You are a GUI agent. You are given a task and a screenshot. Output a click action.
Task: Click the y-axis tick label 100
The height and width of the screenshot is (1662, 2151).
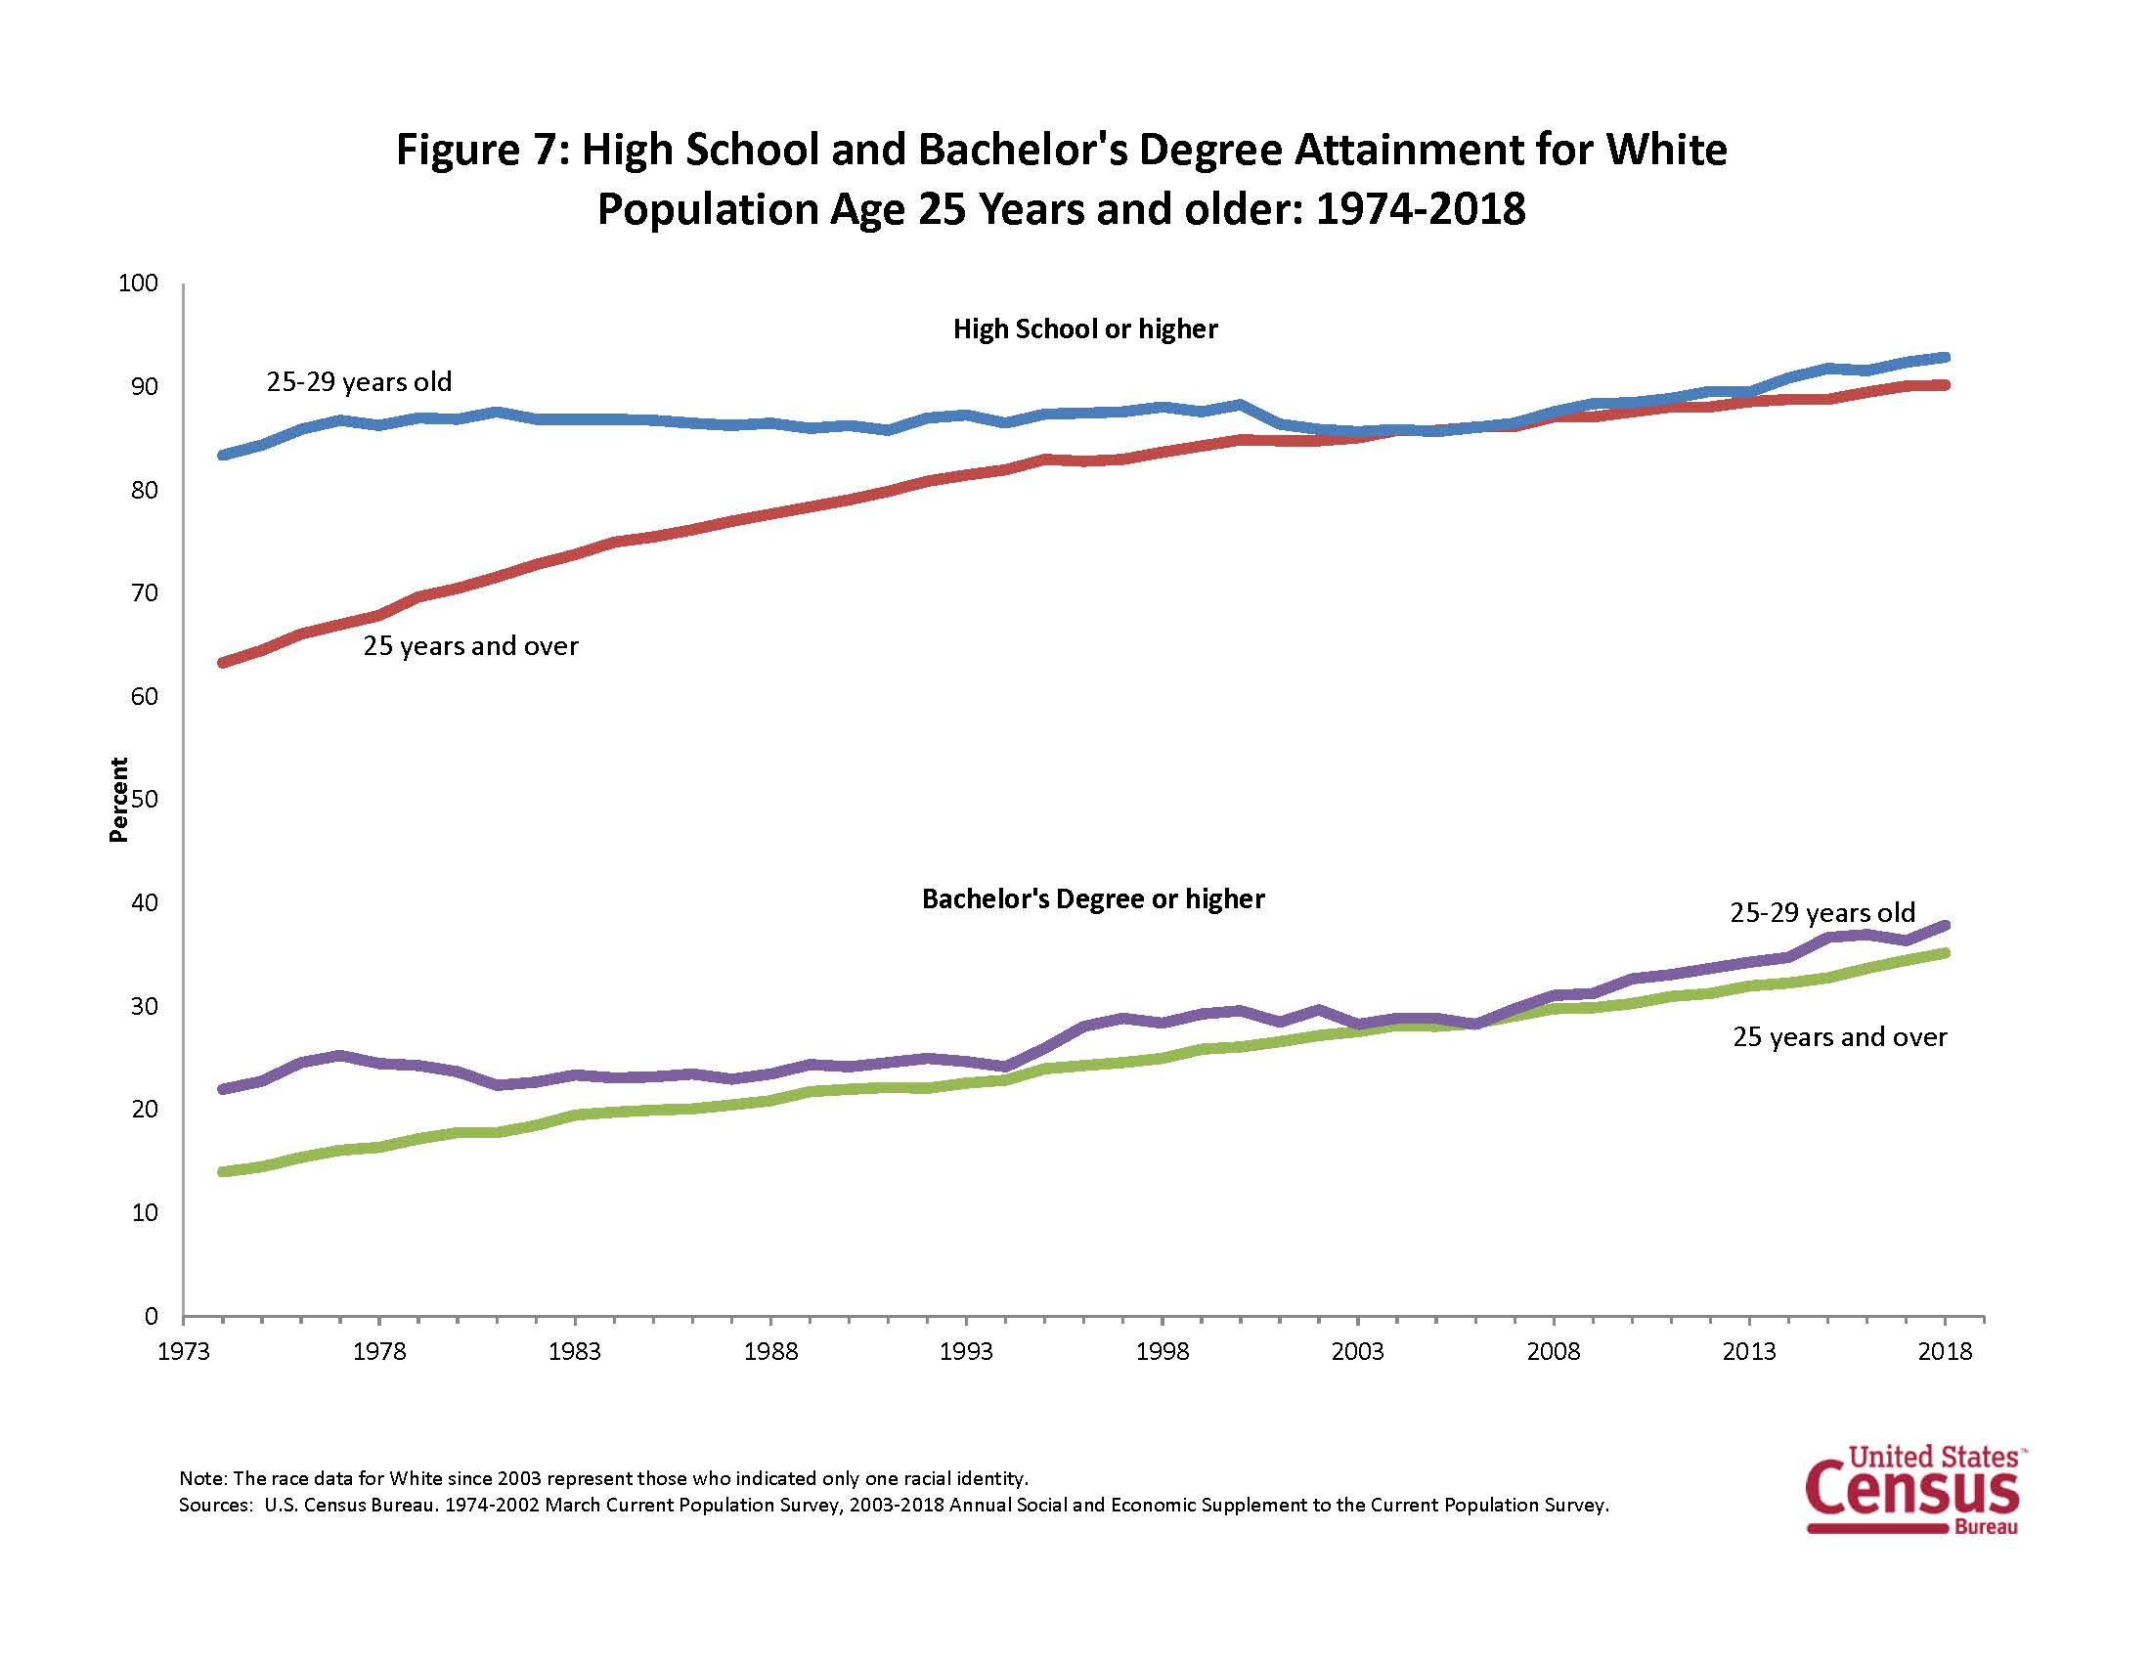click(138, 284)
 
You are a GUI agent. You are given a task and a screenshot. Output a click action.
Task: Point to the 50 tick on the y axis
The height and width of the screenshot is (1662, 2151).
click(144, 799)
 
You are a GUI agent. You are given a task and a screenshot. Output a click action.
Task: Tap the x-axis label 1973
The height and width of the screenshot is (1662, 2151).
click(184, 1352)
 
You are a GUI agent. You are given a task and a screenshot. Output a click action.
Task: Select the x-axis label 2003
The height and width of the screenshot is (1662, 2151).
click(1357, 1352)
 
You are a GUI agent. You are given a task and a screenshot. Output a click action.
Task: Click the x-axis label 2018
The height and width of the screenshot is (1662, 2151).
click(1944, 1352)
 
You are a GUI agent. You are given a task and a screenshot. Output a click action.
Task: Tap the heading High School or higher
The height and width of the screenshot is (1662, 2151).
click(1084, 328)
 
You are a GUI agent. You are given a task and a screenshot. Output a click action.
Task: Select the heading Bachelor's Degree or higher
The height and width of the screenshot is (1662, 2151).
click(1092, 898)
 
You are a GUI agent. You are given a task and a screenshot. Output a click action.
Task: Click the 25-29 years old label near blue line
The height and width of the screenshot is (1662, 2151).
click(359, 382)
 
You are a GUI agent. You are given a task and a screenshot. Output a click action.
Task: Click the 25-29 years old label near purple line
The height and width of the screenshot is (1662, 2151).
click(1822, 913)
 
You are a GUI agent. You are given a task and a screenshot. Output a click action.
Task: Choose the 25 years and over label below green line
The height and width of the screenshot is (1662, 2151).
click(1839, 1036)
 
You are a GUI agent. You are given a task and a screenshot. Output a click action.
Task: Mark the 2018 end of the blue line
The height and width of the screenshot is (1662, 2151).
click(1944, 358)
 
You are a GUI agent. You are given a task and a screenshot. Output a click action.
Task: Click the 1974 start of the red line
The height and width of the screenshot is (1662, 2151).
click(224, 663)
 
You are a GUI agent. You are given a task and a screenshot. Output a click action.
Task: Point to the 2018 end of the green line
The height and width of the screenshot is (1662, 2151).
click(1944, 953)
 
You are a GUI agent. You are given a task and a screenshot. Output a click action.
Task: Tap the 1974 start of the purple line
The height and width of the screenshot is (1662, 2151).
click(224, 1089)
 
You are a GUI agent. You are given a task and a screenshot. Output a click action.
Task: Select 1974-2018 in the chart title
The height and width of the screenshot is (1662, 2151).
click(1420, 210)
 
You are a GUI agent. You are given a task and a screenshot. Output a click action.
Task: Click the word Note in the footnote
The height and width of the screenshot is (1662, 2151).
click(200, 1478)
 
